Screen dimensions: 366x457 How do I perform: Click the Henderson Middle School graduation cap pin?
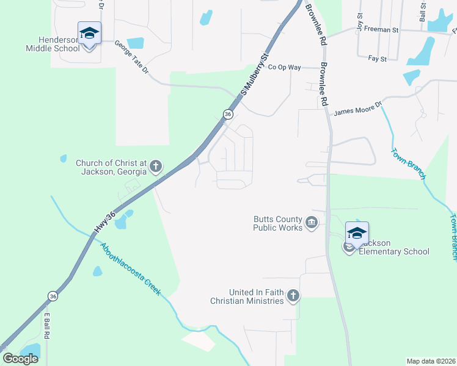coord(89,33)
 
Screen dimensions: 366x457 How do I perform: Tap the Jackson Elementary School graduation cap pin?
coord(357,232)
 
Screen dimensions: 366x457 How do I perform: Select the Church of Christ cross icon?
coord(156,165)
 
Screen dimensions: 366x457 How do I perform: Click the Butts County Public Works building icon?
coord(312,222)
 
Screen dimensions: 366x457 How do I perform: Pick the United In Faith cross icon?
coord(293,296)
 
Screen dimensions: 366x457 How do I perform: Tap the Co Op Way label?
coord(285,67)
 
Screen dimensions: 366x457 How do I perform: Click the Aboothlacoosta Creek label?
coord(131,269)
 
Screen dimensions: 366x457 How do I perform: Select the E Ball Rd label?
coord(46,326)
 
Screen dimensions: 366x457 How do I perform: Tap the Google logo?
coord(21,359)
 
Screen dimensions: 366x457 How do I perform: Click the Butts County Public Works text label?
coord(278,223)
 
